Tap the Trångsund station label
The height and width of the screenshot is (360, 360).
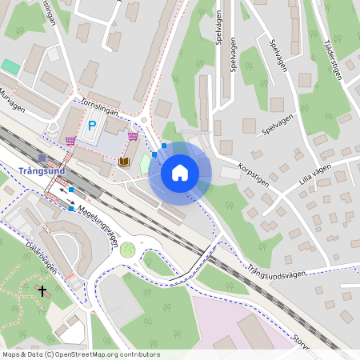[41, 170]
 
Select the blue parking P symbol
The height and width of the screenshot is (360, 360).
[92, 126]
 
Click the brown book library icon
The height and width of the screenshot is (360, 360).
[123, 162]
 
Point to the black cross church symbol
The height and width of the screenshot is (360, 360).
[42, 291]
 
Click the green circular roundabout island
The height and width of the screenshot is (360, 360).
[127, 250]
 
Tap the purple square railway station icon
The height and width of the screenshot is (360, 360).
[42, 158]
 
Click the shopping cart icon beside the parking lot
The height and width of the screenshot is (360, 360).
[70, 141]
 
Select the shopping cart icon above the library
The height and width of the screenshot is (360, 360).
[133, 136]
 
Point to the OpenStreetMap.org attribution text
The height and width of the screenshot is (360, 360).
[102, 354]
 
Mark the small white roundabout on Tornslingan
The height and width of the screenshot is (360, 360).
[144, 122]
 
